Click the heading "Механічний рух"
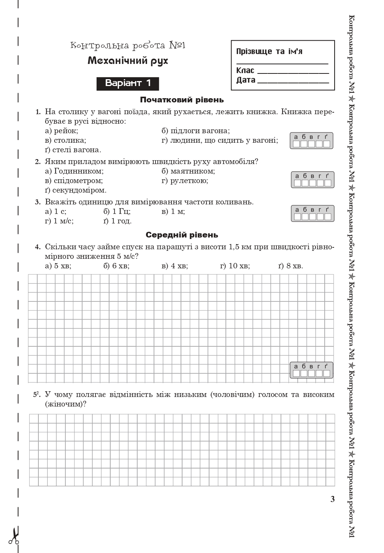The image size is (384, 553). pos(127,61)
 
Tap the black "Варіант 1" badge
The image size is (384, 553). pos(128,83)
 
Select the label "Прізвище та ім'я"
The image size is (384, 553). pos(269,51)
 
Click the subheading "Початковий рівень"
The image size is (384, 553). pos(182,100)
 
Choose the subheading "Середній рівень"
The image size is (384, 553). pos(182,235)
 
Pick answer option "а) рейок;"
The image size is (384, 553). pos(62,131)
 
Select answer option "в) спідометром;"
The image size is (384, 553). pos(74,180)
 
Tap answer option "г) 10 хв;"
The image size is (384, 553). pos(235,266)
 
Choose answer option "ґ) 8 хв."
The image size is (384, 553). pos(290,266)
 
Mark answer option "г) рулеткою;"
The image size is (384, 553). pos(185,180)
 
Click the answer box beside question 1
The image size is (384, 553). pos(311,141)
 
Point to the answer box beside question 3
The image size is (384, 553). pos(313,214)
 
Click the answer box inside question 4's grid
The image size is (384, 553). pos(311,370)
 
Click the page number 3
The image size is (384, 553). pos(333,499)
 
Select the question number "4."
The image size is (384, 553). pos(38,247)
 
